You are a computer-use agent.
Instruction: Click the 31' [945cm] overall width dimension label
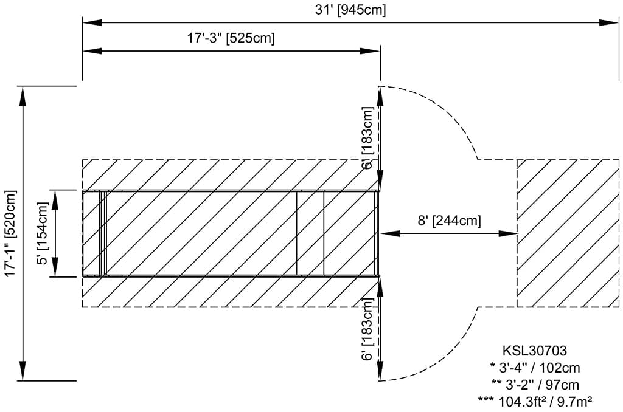point(351,10)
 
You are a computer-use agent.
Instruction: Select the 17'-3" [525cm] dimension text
point(231,38)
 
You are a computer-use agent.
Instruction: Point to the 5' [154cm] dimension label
point(42,233)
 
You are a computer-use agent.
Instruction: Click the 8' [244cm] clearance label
point(449,221)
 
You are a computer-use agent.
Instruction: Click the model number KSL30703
point(535,351)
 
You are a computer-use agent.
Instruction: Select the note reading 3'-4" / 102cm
point(535,368)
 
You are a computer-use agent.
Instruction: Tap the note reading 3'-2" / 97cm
point(535,385)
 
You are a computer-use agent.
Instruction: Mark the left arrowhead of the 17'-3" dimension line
point(91,51)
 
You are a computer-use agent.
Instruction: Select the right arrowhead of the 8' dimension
point(507,233)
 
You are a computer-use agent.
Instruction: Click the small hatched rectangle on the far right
point(565,233)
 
